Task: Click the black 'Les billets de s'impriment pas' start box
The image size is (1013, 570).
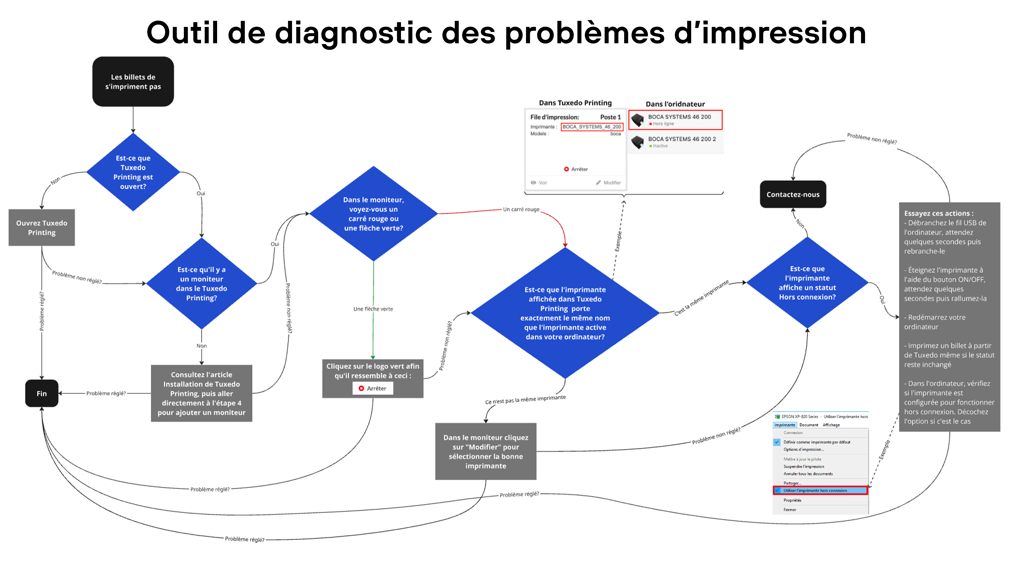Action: click(x=133, y=82)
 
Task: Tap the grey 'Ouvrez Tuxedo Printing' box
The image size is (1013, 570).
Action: click(x=42, y=227)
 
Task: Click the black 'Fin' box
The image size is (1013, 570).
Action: click(x=42, y=393)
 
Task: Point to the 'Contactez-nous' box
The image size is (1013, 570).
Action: click(x=793, y=194)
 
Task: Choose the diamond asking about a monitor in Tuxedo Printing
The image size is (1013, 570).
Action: click(x=201, y=283)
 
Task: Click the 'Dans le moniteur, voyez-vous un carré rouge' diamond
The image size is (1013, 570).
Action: click(x=373, y=213)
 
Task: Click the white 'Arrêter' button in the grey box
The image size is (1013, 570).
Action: click(x=373, y=388)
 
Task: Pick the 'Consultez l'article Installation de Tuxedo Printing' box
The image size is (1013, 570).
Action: click(x=201, y=393)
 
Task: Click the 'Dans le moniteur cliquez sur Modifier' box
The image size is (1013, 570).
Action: click(x=486, y=451)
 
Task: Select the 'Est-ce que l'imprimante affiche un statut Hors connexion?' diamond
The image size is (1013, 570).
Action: click(x=807, y=282)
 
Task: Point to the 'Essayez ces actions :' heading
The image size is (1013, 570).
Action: click(x=939, y=213)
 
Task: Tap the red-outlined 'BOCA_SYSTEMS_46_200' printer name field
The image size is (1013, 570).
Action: click(x=591, y=127)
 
